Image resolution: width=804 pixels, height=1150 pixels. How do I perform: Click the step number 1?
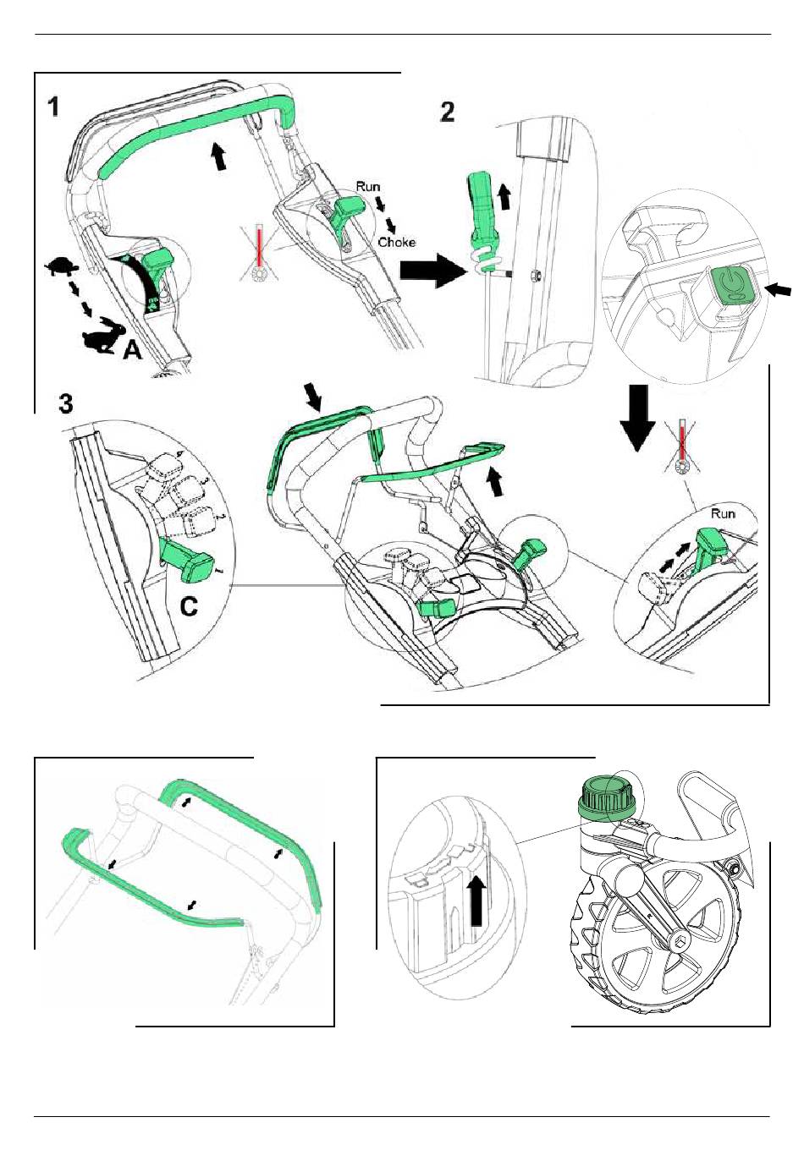coord(53,107)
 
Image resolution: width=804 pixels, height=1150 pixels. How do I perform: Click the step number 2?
coord(448,111)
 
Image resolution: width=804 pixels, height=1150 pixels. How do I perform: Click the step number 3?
coord(66,403)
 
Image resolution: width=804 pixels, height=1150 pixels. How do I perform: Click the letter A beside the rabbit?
coord(132,348)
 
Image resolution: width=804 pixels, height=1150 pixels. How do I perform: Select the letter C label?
coord(190,605)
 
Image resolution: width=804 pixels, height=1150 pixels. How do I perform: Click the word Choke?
coord(396,243)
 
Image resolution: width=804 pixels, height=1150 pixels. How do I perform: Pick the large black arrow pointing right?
coord(432,272)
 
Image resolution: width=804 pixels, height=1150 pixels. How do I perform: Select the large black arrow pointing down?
coord(637,419)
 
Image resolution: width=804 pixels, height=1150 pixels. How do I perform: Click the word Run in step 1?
coord(368,186)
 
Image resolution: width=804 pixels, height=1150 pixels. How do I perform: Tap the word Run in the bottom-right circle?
coord(723,513)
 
